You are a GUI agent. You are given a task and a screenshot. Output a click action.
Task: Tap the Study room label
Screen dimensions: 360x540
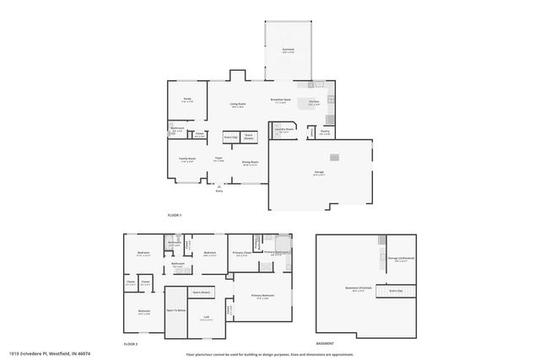(187, 99)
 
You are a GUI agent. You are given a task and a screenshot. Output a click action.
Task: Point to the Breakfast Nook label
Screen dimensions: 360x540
(281, 100)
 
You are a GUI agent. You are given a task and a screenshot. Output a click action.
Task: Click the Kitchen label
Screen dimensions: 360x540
(313, 101)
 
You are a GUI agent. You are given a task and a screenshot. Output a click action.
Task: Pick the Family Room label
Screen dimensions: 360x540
(186, 159)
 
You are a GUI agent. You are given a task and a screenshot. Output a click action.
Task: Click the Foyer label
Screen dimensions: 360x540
(218, 158)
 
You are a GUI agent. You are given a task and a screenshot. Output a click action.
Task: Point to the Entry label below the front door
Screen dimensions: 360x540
(219, 191)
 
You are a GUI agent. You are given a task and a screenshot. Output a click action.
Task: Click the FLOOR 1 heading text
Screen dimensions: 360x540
(175, 216)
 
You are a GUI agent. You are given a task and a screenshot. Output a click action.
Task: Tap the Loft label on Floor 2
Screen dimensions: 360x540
(207, 317)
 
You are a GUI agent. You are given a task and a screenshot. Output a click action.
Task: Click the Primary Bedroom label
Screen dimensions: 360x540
(263, 295)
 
